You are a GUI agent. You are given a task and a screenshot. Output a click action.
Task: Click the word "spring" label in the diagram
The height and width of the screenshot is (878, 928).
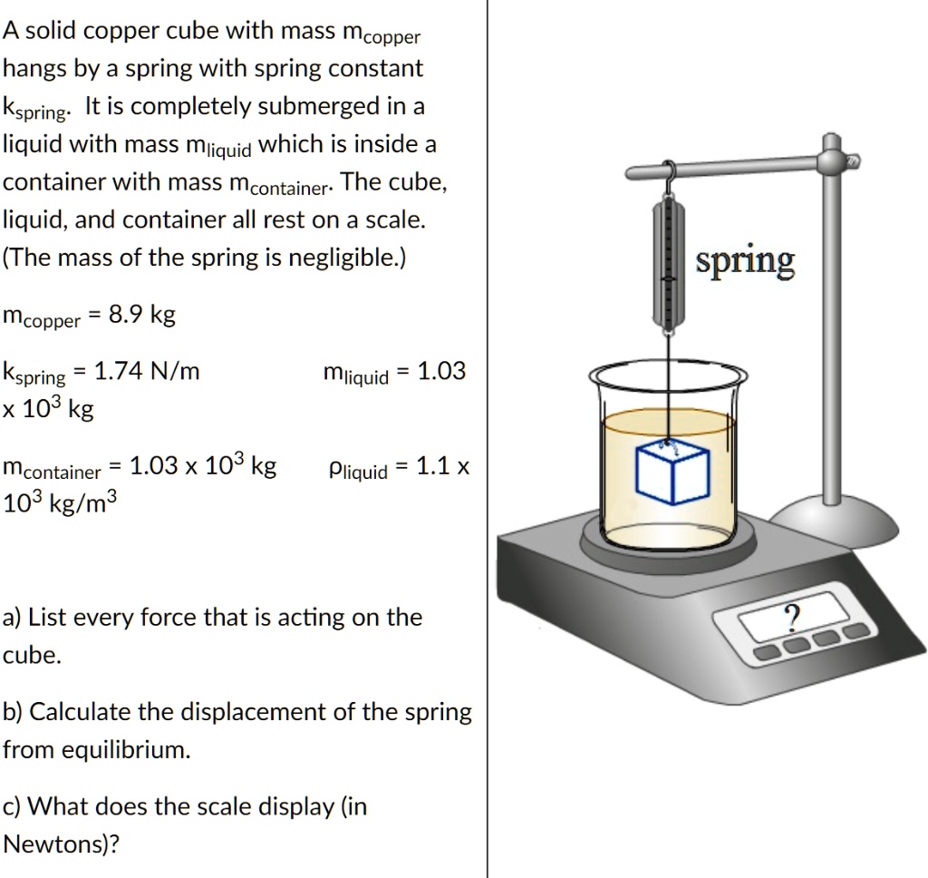[745, 261]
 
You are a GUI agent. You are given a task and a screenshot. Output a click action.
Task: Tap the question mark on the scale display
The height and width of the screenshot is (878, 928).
[792, 617]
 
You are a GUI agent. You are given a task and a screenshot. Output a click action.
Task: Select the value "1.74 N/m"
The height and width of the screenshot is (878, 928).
[147, 371]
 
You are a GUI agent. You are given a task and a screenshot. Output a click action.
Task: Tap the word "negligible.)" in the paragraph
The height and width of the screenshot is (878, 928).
[344, 258]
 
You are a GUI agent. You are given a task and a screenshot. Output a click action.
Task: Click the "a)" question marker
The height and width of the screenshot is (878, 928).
[13, 619]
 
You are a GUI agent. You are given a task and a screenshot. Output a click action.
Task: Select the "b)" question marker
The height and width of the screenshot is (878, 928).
[14, 712]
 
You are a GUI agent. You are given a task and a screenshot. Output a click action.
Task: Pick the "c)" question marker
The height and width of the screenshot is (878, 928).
[13, 806]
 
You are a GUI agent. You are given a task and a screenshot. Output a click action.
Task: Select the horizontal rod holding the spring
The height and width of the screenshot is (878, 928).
[725, 169]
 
